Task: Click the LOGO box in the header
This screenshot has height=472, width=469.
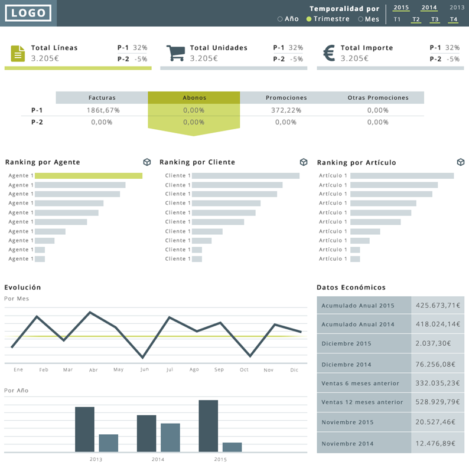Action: point(28,13)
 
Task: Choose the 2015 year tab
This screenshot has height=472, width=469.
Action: point(401,8)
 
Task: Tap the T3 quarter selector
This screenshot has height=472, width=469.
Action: point(435,19)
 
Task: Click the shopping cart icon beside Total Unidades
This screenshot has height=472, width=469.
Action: point(175,53)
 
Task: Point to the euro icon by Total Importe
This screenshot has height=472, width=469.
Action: point(330,53)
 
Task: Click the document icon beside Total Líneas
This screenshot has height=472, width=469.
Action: point(18,53)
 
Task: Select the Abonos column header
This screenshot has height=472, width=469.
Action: point(194,97)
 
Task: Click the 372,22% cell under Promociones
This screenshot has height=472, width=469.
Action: point(286,110)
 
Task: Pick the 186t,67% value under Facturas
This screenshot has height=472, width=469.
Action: point(102,110)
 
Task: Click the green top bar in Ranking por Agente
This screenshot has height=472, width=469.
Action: point(89,176)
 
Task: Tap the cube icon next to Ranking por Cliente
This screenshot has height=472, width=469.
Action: point(304,162)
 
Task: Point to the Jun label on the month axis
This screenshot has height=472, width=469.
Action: point(145,370)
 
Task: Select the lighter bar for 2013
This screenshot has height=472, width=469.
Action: point(109,443)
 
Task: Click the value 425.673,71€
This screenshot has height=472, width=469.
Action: point(438,306)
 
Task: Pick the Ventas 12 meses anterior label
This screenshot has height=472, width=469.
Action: point(362,402)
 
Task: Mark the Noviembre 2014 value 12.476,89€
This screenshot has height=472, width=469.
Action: point(438,443)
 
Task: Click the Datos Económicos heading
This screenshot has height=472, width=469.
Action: point(351,287)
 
